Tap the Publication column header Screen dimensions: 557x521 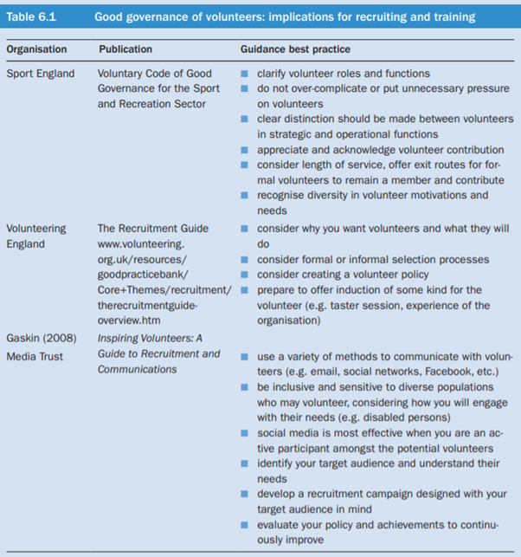click(125, 49)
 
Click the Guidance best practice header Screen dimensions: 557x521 click(295, 49)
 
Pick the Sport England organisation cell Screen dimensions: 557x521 click(40, 74)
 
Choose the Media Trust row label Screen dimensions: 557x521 click(35, 356)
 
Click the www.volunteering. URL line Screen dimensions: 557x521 click(140, 244)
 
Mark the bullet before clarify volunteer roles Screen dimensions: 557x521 click(246, 74)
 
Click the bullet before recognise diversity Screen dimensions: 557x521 click(246, 196)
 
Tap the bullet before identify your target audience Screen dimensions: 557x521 click(246, 463)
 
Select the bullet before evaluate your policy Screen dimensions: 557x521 click(246, 525)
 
